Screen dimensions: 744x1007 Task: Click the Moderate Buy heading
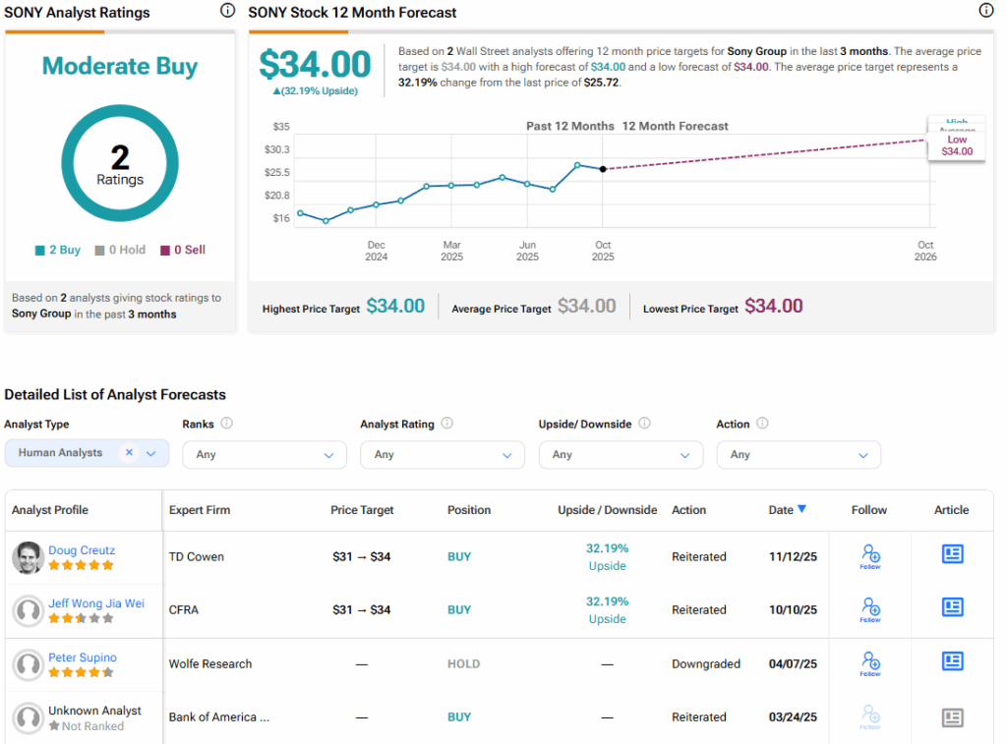[120, 67]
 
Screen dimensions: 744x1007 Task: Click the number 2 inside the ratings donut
[120, 157]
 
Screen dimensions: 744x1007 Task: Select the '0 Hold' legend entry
[120, 250]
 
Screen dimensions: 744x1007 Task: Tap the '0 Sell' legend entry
[183, 250]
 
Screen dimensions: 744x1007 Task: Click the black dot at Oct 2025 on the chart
[603, 169]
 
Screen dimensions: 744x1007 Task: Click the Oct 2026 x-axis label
[925, 251]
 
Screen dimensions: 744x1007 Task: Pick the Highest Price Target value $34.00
[395, 307]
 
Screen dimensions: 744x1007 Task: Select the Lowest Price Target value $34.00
[773, 307]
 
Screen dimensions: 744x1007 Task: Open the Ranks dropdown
[265, 455]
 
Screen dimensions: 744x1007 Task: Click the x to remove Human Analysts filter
[129, 453]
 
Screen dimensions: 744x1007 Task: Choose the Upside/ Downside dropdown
[621, 455]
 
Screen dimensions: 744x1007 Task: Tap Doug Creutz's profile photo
[28, 557]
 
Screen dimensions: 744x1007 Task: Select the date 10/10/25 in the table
[793, 610]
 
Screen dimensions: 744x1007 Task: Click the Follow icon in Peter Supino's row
[870, 663]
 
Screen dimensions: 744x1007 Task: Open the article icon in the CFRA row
[952, 607]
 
